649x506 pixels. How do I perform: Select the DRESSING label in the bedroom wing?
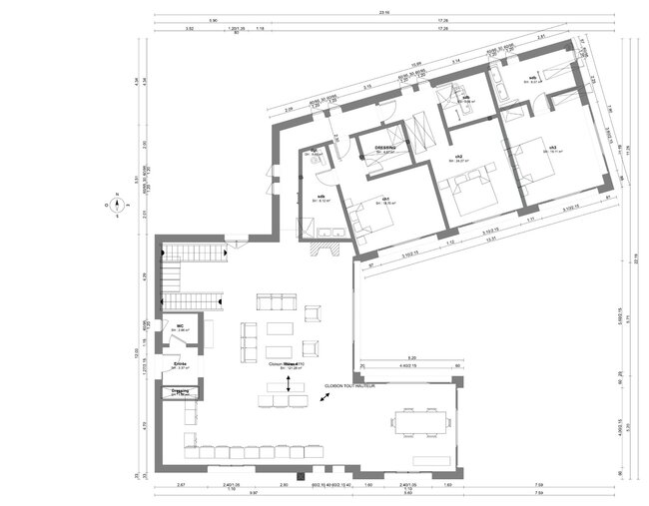click(385, 148)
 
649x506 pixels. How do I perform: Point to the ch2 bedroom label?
click(457, 157)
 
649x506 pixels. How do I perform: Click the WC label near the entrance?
click(181, 325)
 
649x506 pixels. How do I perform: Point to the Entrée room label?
click(181, 364)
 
